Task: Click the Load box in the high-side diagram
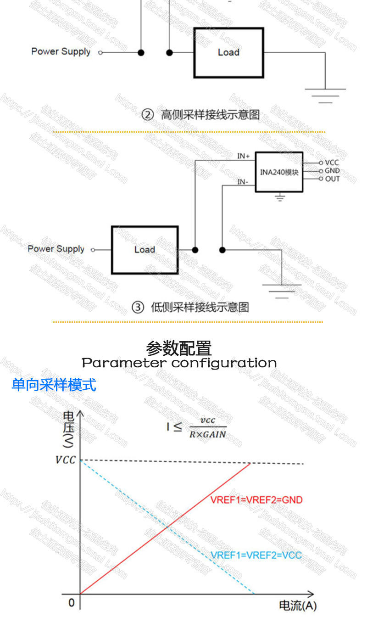[228, 52]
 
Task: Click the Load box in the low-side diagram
[145, 250]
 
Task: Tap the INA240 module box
[279, 172]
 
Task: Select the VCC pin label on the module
[332, 163]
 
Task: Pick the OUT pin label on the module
[332, 179]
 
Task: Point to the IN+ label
[243, 156]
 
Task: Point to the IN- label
[243, 182]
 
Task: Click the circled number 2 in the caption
[147, 115]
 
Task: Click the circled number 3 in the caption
[138, 308]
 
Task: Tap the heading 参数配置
[179, 348]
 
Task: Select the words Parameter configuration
[179, 363]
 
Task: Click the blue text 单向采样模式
[54, 385]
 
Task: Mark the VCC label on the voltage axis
[65, 460]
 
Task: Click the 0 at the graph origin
[71, 602]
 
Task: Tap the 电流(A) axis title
[298, 606]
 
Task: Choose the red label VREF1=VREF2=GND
[256, 500]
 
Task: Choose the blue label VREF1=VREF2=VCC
[256, 555]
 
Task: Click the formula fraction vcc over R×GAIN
[208, 427]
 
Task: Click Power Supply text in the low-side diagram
[56, 249]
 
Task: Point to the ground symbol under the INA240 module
[279, 198]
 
